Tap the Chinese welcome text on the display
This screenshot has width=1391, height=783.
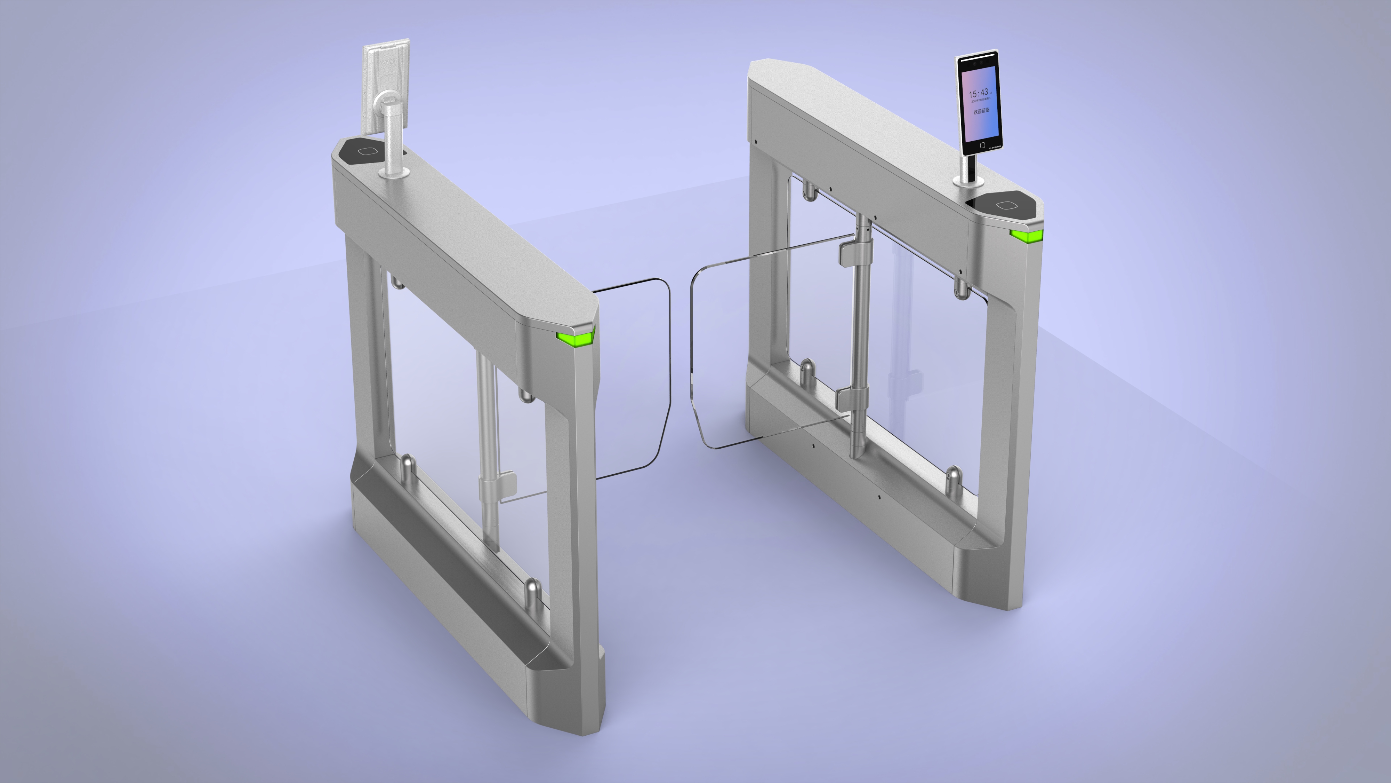pos(981,111)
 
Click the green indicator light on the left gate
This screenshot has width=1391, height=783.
pos(574,339)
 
